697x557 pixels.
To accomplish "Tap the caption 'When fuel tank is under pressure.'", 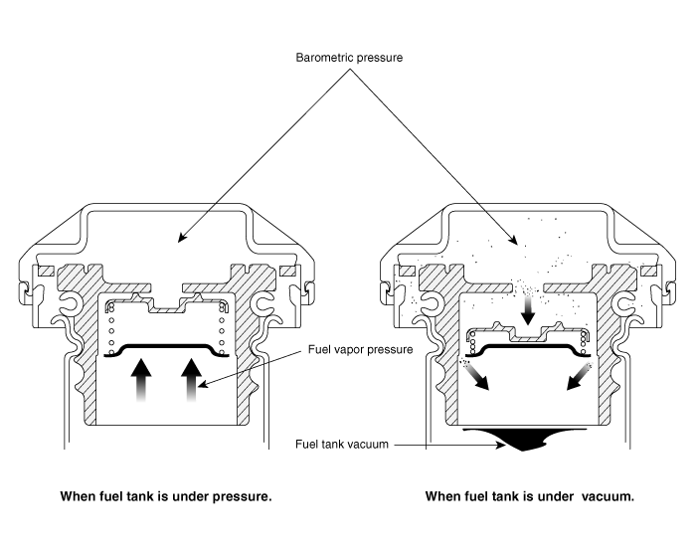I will tap(165, 495).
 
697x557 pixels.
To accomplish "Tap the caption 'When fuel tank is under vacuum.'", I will tap(529, 495).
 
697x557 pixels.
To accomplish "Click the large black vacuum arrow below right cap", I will tap(526, 438).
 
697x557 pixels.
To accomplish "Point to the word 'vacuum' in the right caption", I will tap(606, 495).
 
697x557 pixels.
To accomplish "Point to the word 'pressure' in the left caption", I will tap(244, 495).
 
